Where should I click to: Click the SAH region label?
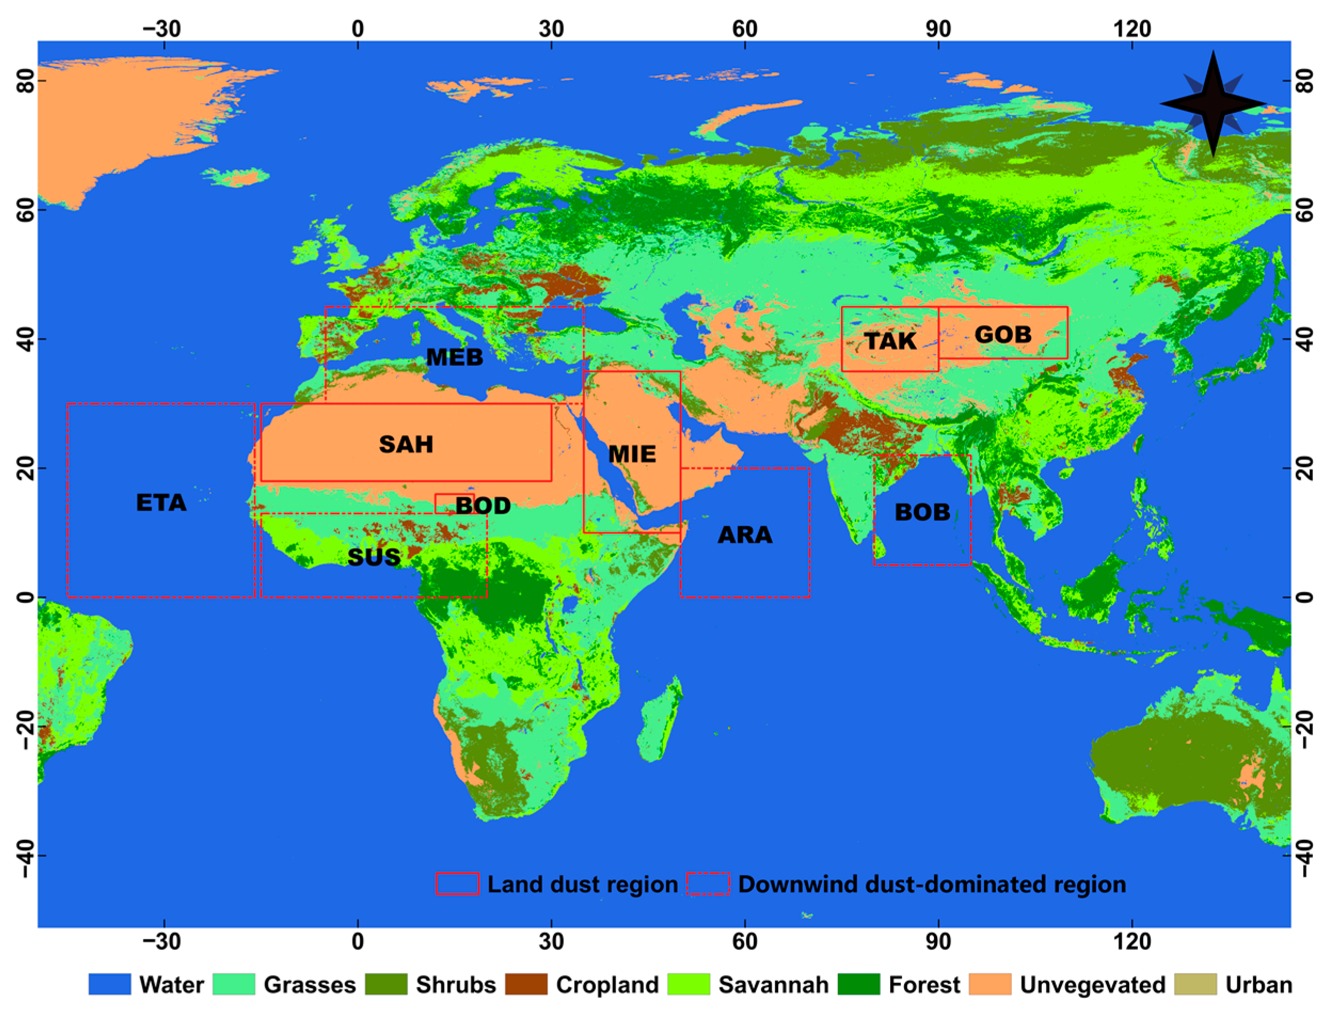(x=406, y=445)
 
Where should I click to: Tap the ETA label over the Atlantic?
(x=161, y=503)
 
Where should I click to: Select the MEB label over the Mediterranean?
(x=454, y=358)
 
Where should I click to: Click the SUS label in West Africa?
(x=374, y=557)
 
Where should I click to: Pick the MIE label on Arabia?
(x=632, y=454)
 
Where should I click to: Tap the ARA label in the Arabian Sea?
(x=745, y=535)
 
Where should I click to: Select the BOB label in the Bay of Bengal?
(x=922, y=512)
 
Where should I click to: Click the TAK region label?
(x=890, y=342)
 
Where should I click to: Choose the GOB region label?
(x=1003, y=335)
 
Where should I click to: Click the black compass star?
(x=1213, y=104)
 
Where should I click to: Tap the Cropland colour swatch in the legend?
(x=526, y=985)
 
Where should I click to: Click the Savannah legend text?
(x=773, y=985)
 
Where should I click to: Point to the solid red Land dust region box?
(x=457, y=884)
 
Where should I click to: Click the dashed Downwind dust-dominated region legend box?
(x=708, y=884)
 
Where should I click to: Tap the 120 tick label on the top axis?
(x=1132, y=28)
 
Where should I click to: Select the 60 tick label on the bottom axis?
(x=745, y=942)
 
